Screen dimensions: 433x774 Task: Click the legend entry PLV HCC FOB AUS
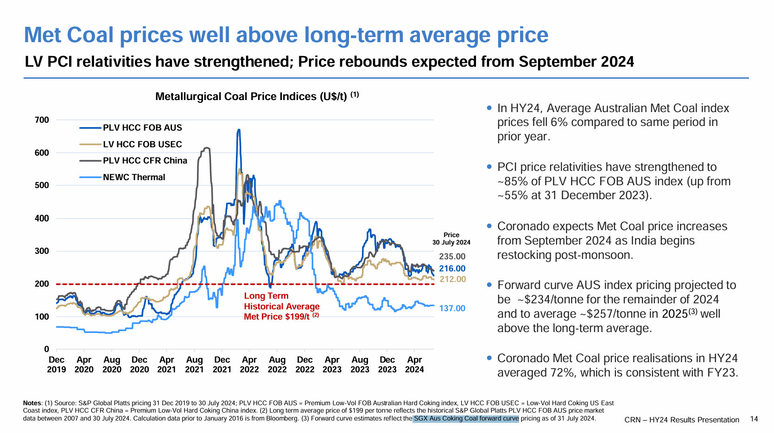[142, 128]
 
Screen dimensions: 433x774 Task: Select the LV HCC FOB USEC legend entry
[142, 144]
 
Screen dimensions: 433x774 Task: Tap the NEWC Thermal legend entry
[133, 177]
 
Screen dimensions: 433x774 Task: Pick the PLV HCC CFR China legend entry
[145, 161]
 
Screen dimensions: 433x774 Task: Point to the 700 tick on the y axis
[42, 120]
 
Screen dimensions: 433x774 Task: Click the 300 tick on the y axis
[42, 251]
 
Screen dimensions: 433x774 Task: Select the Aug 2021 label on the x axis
[194, 364]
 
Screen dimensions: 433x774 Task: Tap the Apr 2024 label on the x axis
[414, 364]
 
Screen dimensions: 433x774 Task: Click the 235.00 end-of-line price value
[452, 257]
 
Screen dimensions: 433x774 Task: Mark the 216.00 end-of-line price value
[452, 269]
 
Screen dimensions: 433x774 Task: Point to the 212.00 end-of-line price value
[452, 279]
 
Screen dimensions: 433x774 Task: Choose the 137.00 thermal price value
[452, 308]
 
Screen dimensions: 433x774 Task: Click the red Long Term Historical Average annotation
[281, 306]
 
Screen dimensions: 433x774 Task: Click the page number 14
[754, 419]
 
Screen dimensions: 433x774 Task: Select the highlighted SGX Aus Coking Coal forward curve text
[466, 419]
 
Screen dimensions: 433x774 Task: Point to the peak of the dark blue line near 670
[239, 130]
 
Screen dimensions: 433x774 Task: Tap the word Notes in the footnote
[32, 403]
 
